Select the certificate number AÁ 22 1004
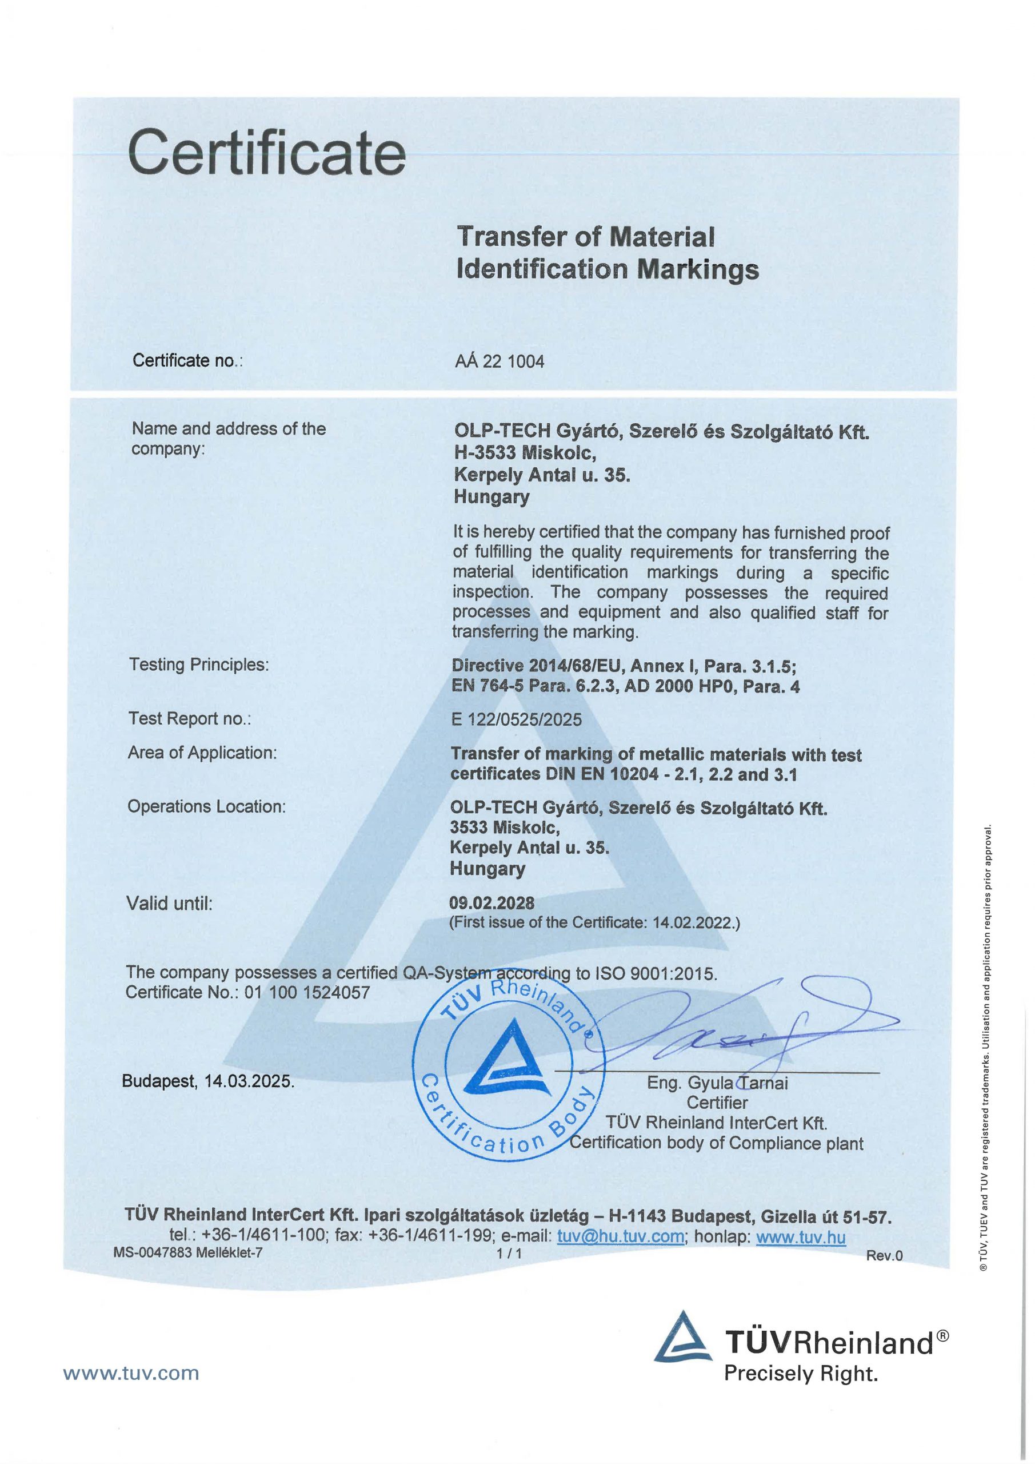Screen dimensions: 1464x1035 pyautogui.click(x=499, y=362)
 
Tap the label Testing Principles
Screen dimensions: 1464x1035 pyautogui.click(x=199, y=665)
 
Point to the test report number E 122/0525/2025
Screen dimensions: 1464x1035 pyautogui.click(x=516, y=719)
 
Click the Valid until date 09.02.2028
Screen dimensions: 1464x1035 pyautogui.click(x=491, y=902)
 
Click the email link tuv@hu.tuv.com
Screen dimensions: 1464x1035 pyautogui.click(x=620, y=1236)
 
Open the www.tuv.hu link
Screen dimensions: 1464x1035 pyautogui.click(x=801, y=1237)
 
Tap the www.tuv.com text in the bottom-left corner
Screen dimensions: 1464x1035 pyautogui.click(x=131, y=1373)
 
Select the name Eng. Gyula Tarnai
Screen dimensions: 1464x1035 pyautogui.click(x=718, y=1083)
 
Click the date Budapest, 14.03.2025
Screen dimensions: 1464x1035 pyautogui.click(x=209, y=1081)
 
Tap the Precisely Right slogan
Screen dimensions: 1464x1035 pyautogui.click(x=801, y=1374)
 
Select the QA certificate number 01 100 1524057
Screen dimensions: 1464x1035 pyautogui.click(x=306, y=992)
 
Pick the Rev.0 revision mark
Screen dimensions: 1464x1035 pyautogui.click(x=884, y=1255)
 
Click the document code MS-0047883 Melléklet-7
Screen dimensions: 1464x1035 pyautogui.click(x=188, y=1252)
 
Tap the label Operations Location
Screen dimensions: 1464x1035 pyautogui.click(x=206, y=806)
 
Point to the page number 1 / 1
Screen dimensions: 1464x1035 pyautogui.click(x=509, y=1254)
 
